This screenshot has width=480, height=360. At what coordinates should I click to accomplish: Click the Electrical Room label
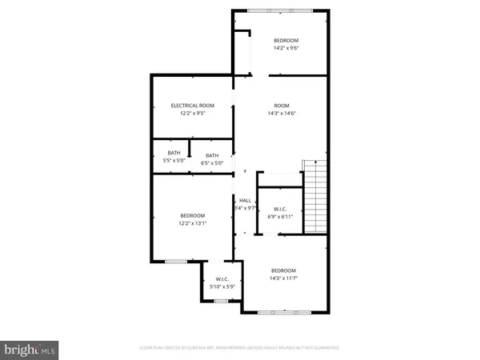(192, 106)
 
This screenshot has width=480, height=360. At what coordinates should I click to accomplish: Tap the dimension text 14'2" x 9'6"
(286, 49)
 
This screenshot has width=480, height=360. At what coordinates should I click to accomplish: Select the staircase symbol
(315, 196)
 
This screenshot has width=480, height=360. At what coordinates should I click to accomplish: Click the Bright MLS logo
(30, 349)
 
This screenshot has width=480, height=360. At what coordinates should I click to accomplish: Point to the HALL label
(245, 200)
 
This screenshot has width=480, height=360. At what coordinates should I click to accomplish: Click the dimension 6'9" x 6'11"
(281, 217)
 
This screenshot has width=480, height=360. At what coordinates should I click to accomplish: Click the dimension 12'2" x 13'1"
(192, 223)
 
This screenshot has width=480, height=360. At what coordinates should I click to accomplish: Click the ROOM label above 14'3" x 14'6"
(281, 106)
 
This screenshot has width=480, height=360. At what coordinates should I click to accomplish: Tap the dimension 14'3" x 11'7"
(283, 278)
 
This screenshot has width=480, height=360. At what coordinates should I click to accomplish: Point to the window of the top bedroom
(280, 10)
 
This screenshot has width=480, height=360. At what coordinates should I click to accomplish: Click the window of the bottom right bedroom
(283, 310)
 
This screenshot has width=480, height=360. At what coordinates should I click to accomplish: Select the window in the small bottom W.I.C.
(222, 300)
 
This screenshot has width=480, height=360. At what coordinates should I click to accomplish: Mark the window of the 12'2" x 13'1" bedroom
(176, 261)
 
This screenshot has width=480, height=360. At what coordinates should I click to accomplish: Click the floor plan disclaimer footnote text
(239, 348)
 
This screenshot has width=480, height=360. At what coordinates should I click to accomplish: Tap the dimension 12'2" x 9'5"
(192, 114)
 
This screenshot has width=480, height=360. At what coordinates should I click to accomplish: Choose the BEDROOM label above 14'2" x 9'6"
(286, 41)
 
